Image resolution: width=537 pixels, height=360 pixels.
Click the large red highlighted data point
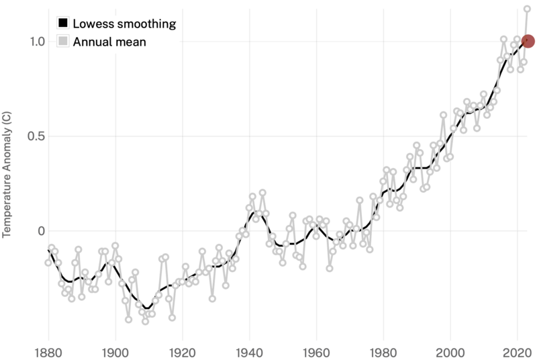click(x=528, y=41)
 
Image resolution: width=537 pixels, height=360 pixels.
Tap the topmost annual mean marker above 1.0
click(x=528, y=9)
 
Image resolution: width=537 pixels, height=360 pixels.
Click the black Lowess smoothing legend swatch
click(x=63, y=24)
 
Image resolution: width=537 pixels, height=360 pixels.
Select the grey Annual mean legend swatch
click(x=63, y=42)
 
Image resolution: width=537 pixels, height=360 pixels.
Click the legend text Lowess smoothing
click(x=124, y=24)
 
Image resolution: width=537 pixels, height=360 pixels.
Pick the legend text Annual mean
click(x=109, y=42)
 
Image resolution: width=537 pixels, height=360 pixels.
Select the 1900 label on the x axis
click(x=115, y=351)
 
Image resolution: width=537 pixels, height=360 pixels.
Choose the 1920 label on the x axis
click(x=183, y=351)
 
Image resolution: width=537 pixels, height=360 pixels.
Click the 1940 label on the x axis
click(x=250, y=351)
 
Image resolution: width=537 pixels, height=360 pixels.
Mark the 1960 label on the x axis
click(x=317, y=351)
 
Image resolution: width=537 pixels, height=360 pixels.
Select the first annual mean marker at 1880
click(x=48, y=262)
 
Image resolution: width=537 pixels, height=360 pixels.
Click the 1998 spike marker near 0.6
click(x=444, y=115)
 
